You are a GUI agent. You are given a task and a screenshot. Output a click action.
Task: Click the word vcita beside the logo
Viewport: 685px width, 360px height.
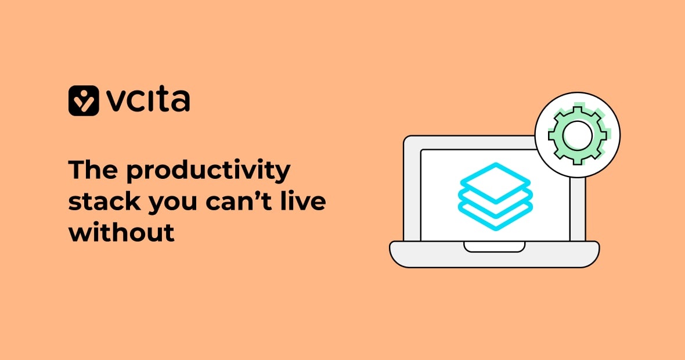[148, 100]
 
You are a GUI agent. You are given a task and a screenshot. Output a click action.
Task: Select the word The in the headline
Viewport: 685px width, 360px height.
[91, 171]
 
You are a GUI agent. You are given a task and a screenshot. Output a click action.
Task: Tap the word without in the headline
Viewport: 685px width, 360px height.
[121, 232]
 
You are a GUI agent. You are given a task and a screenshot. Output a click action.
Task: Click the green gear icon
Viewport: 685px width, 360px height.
[578, 135]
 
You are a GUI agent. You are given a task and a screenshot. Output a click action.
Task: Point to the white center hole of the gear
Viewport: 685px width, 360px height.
[578, 135]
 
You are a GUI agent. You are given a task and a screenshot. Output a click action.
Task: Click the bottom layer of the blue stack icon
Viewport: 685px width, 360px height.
[495, 220]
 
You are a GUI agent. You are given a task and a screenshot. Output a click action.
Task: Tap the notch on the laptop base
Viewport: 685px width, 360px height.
[494, 247]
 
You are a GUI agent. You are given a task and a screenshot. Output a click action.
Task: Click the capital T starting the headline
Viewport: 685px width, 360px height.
[76, 171]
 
